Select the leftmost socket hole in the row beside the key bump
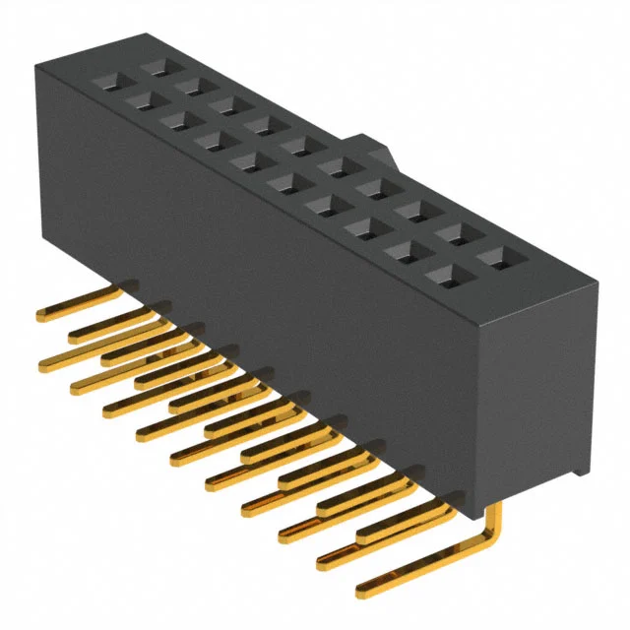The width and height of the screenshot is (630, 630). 157,69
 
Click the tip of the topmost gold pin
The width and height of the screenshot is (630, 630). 41,316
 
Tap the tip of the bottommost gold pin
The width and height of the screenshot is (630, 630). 361,591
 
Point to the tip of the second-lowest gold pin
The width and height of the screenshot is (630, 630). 322,562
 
